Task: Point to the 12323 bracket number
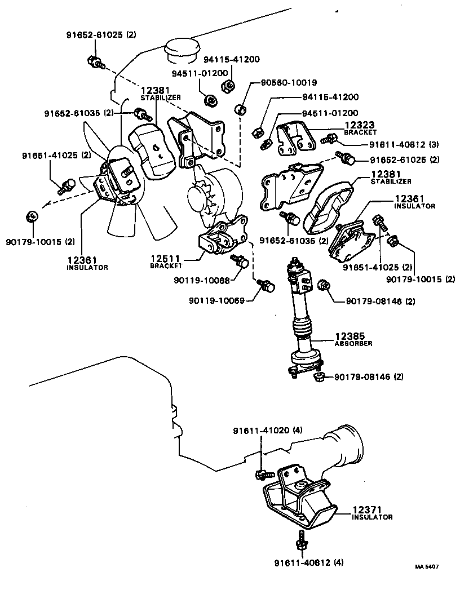pos(358,125)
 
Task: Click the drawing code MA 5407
pos(427,567)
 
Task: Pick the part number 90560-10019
pos(288,82)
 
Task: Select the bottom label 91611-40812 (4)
pos(309,562)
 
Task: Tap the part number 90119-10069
pos(216,300)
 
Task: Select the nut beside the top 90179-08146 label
pos(324,285)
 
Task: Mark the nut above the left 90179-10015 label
pos(33,215)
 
